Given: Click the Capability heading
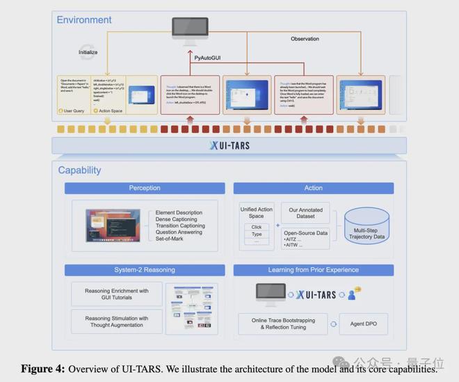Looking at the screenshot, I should coord(79,170).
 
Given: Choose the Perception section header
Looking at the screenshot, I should coord(145,188).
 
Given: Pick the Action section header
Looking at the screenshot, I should coord(313,188).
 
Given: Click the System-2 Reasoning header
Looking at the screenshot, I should coord(145,270).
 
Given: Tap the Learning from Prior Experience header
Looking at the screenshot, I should coord(313,270).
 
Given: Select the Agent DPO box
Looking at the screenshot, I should coord(364,324).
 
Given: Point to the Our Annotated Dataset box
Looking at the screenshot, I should coord(306,213).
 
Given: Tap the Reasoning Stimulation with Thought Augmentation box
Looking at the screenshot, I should coord(117,322).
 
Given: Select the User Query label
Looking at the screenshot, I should coord(74,110).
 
